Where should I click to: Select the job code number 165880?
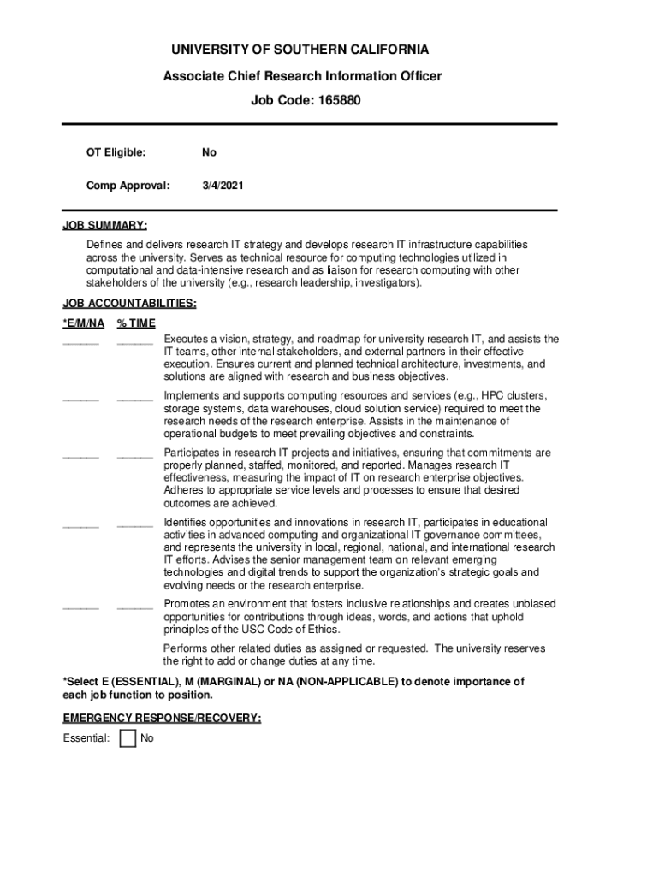tap(333, 100)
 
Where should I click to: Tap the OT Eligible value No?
tap(209, 152)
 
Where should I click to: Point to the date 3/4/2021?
tap(223, 184)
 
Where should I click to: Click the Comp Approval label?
tap(128, 184)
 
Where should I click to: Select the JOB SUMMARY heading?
tap(104, 226)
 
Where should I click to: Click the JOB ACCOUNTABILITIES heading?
tap(129, 303)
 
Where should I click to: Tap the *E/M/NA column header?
tap(84, 323)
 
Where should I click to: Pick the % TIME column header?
tap(136, 323)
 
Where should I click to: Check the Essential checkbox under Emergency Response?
tap(128, 737)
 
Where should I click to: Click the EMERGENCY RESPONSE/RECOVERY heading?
tap(162, 719)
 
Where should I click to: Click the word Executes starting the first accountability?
tap(186, 339)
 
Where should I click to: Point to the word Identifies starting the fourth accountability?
tap(187, 522)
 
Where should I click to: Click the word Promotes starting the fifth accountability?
tap(187, 604)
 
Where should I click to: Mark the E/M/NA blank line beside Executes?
tap(80, 343)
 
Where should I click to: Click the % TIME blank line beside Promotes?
tap(134, 607)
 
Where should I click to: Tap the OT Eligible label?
tap(116, 152)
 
